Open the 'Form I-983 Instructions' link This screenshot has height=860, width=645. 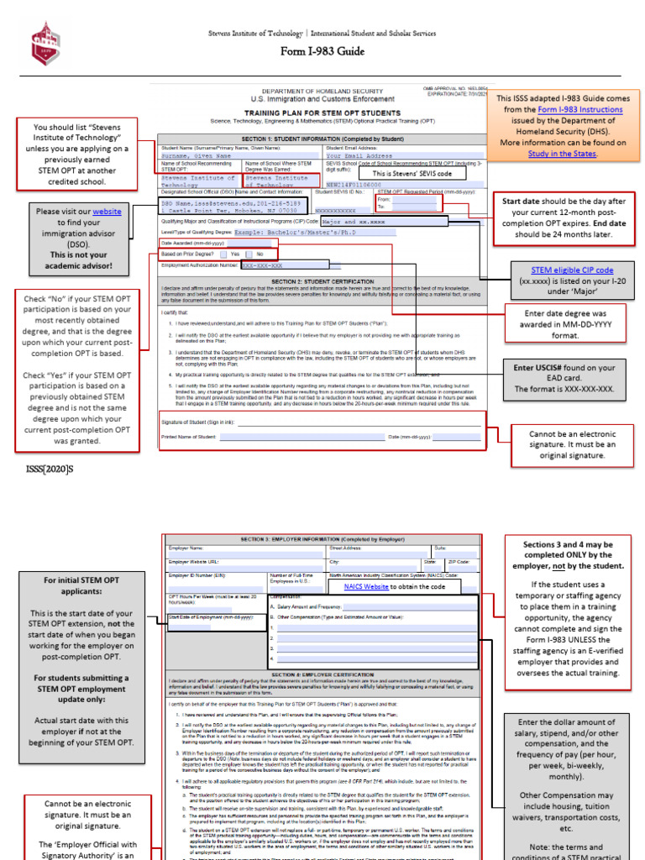pos(580,109)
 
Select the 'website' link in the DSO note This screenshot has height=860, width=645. pos(107,211)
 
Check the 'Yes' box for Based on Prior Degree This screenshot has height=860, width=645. pos(224,254)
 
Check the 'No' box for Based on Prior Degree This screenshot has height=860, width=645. pos(251,254)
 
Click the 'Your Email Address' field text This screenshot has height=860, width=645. pos(359,155)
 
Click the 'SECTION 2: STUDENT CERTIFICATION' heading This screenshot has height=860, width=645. pos(322,281)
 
